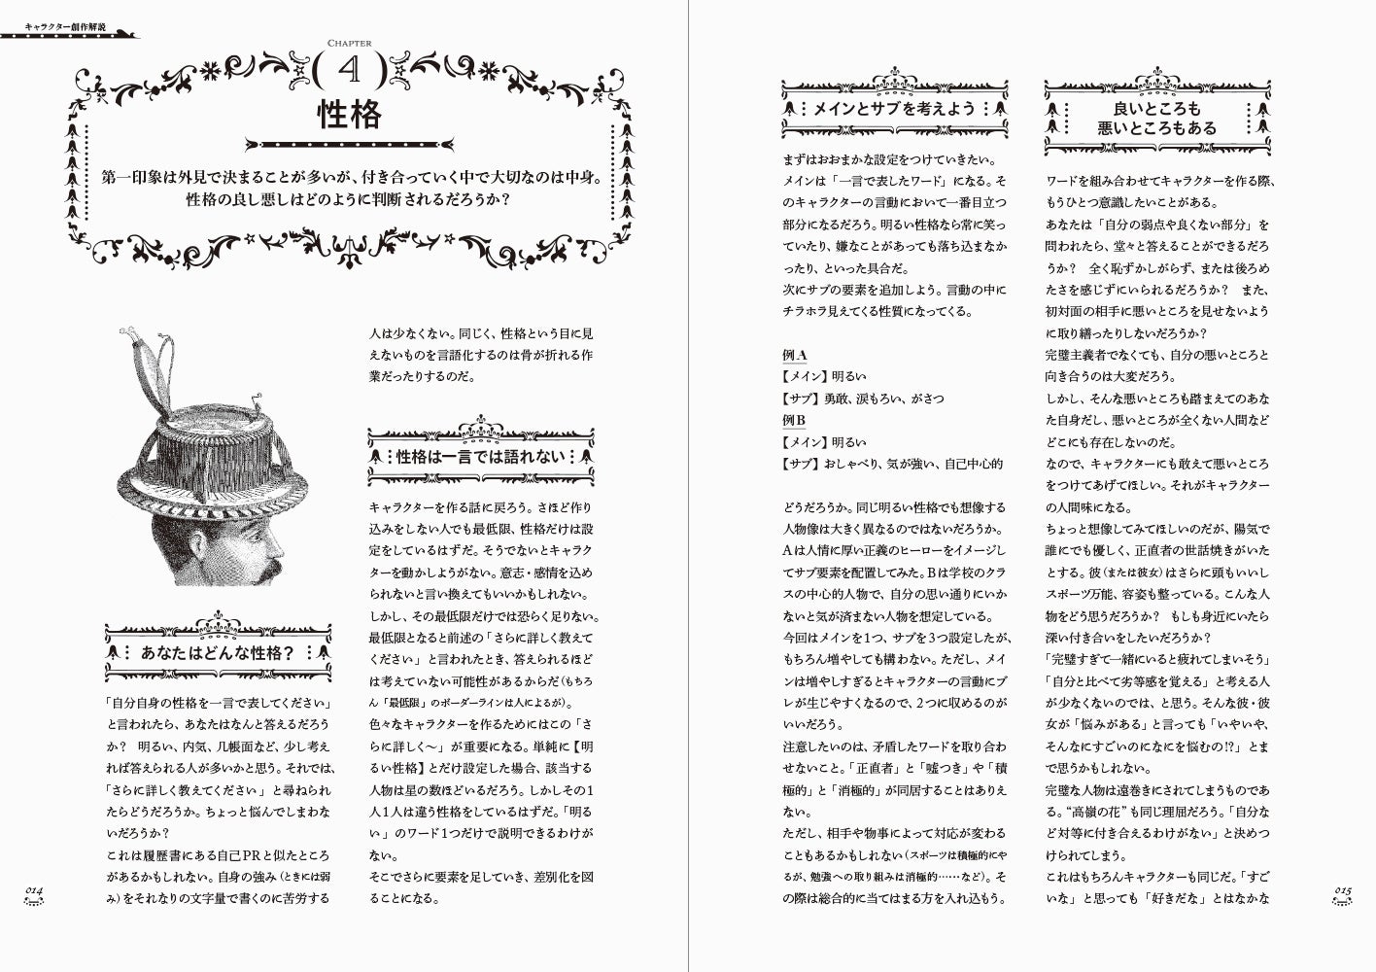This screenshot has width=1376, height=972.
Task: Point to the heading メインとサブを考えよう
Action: pyautogui.click(x=893, y=110)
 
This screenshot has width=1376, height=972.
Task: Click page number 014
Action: pyautogui.click(x=38, y=890)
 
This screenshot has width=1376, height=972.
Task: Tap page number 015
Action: pyautogui.click(x=1343, y=890)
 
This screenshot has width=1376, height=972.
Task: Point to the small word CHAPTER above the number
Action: pyautogui.click(x=350, y=42)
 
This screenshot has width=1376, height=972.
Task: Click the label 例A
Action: pyautogui.click(x=794, y=355)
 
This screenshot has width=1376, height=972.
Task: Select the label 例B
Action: pyautogui.click(x=794, y=420)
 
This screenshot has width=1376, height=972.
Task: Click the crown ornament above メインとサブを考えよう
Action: pyautogui.click(x=894, y=77)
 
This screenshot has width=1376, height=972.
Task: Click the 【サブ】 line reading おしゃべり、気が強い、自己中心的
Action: pyautogui.click(x=892, y=464)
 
